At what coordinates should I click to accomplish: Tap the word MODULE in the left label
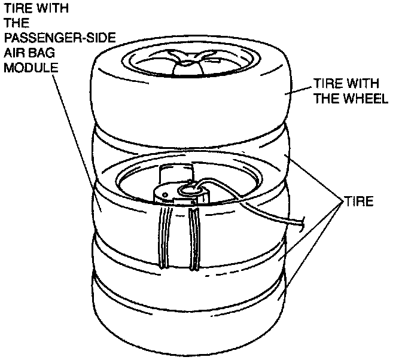[x=31, y=66]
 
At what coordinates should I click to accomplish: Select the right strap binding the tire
[x=193, y=239]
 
